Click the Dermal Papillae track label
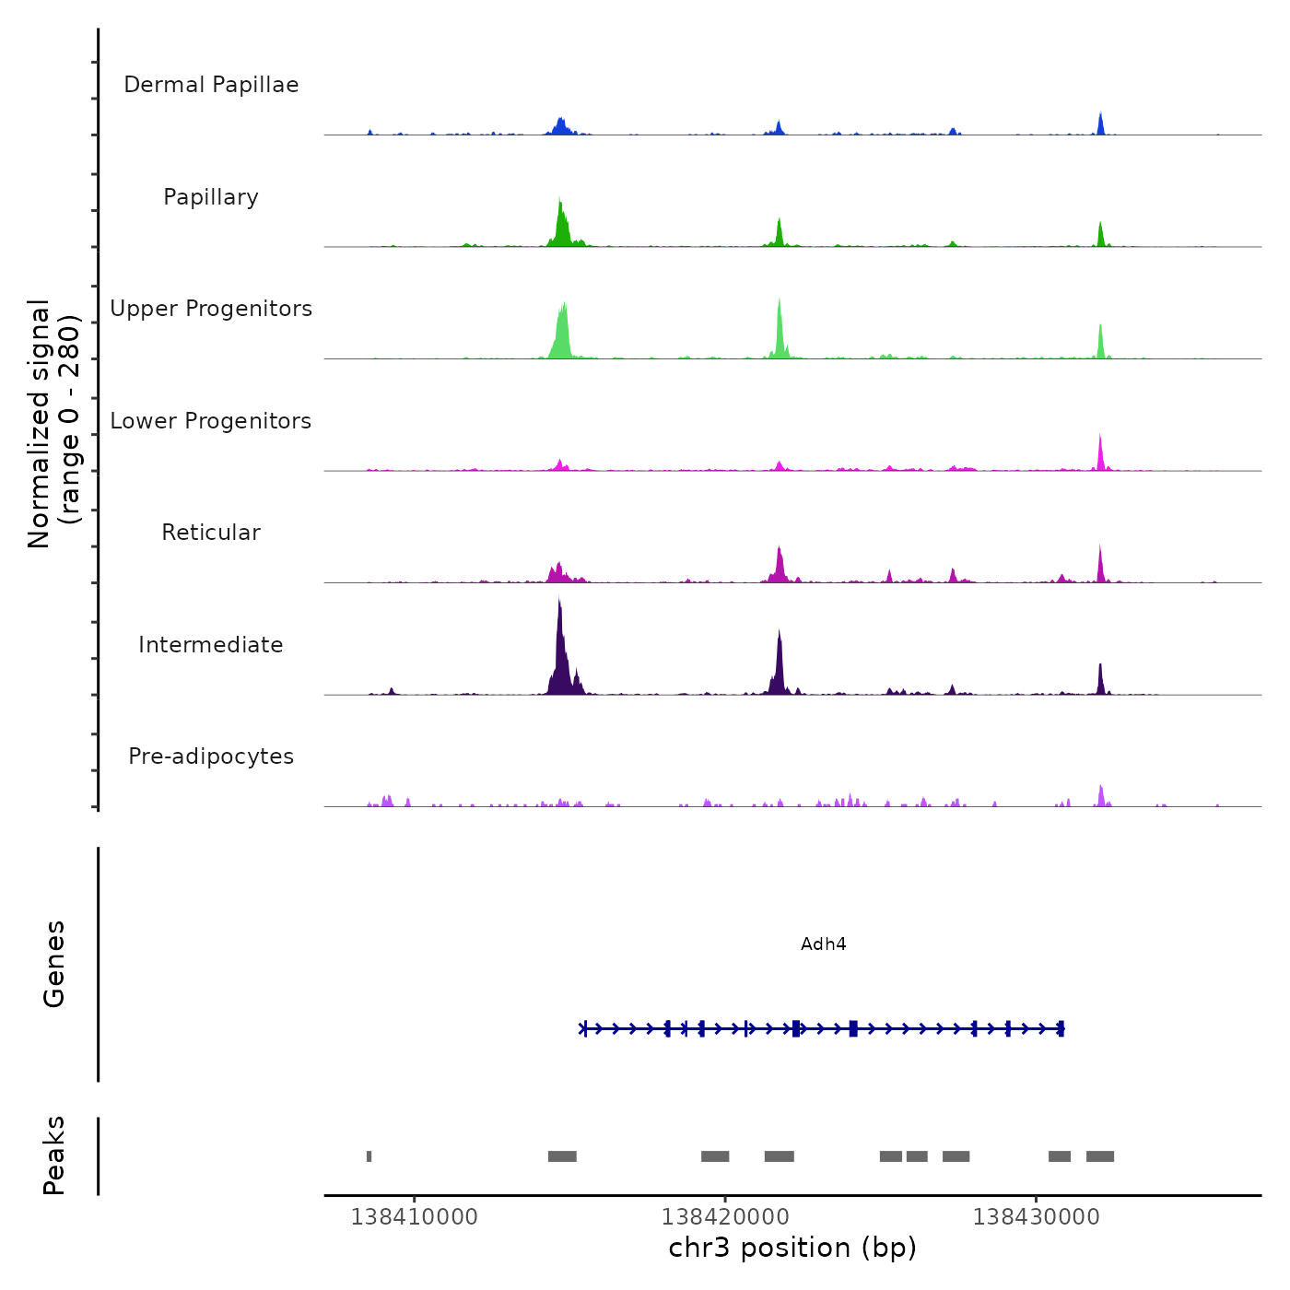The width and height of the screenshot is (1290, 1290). coord(211,85)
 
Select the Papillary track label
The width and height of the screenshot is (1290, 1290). coord(211,197)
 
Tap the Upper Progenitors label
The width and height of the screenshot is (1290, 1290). coord(211,309)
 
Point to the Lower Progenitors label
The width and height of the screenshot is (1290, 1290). coord(211,421)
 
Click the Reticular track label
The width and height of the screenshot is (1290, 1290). coord(211,533)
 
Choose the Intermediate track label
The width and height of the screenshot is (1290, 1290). coord(211,645)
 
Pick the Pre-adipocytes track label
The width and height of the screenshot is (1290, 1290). coord(211,756)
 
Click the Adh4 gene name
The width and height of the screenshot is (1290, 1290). coord(823,944)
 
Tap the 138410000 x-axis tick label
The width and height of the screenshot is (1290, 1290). coord(415,1217)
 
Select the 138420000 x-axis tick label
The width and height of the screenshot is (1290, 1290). coord(725,1217)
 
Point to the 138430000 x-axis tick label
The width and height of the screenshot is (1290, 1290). coord(1037,1217)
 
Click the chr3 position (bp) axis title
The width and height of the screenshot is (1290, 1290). coord(792,1248)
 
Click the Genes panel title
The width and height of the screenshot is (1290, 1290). coord(54,964)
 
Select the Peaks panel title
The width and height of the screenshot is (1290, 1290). coord(54,1155)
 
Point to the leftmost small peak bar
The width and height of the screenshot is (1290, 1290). coord(369,1156)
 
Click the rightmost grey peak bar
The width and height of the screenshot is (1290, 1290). coord(1100,1156)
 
